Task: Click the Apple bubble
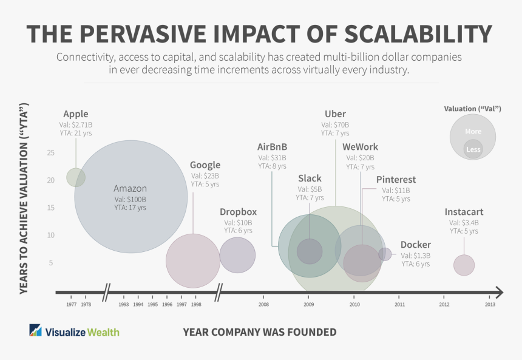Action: click(76, 177)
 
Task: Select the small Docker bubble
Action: click(385, 254)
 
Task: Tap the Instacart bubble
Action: click(464, 265)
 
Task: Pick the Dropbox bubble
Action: click(237, 255)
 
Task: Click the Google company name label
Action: click(205, 165)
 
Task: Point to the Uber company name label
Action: click(335, 114)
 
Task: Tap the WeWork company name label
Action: click(360, 147)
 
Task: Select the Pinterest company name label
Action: click(396, 180)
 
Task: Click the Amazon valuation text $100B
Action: click(130, 199)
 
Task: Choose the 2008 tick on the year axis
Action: click(263, 304)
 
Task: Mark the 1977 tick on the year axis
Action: click(71, 304)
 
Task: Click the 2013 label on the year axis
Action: click(490, 304)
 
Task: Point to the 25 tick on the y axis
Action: click(50, 152)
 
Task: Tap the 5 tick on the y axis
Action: click(50, 263)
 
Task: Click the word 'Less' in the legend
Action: click(473, 149)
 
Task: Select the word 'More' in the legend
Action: click(473, 132)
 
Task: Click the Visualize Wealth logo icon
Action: click(36, 331)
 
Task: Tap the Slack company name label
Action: click(310, 178)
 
